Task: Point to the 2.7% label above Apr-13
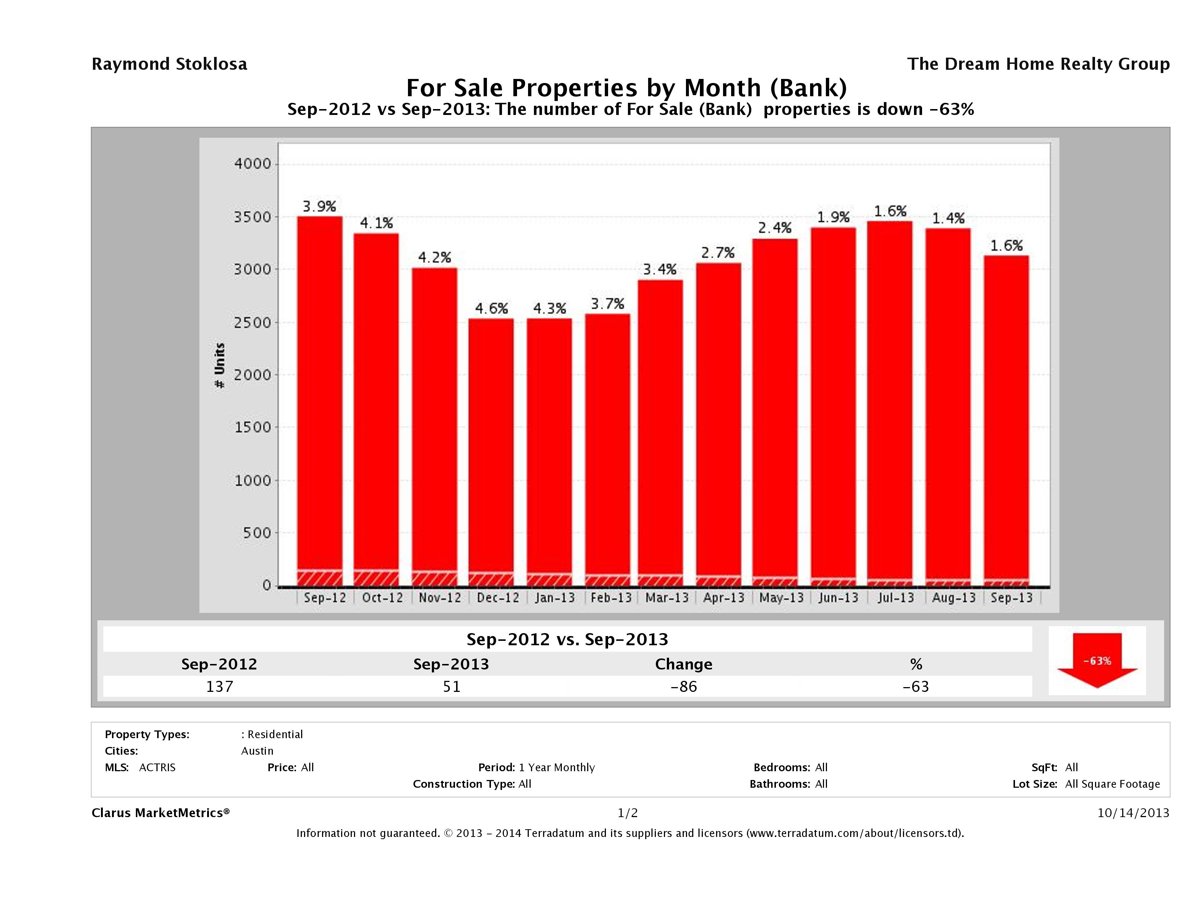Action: (x=718, y=252)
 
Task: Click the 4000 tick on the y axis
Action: (x=253, y=164)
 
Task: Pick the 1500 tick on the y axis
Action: (x=253, y=427)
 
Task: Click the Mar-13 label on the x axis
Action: (x=666, y=598)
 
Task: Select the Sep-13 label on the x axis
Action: (x=1011, y=598)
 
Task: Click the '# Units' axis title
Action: (x=220, y=366)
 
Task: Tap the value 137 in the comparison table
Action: (x=220, y=686)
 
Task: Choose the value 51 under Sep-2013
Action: (x=452, y=686)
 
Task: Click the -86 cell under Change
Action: (x=684, y=686)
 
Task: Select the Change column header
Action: (x=684, y=664)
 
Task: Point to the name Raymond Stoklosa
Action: (x=169, y=64)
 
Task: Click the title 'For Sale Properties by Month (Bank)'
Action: (x=626, y=87)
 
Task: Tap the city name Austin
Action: (x=257, y=751)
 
